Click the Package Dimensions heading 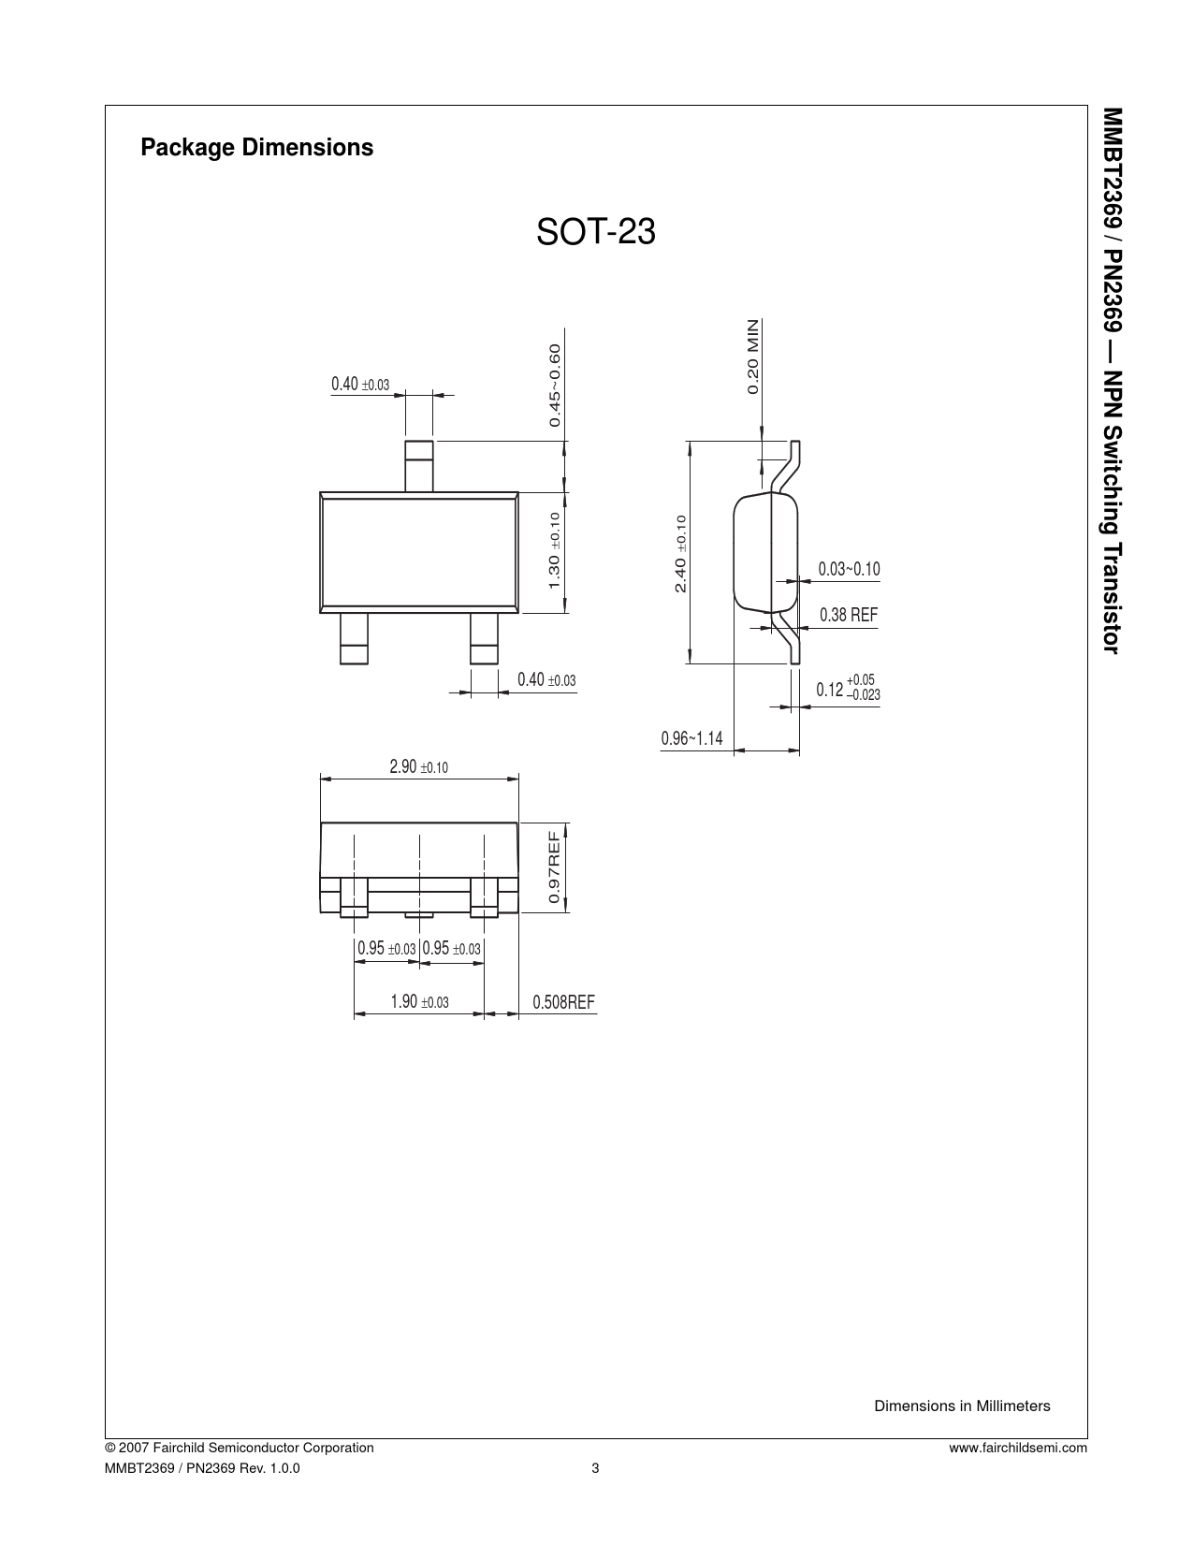256,147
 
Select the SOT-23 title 595,232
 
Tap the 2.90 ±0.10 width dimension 418,766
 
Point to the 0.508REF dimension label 563,1002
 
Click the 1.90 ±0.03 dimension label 419,1001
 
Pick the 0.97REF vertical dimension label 554,867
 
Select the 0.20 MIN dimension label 752,357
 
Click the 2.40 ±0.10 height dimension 680,554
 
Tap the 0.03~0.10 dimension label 849,569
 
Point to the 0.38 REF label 849,615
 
